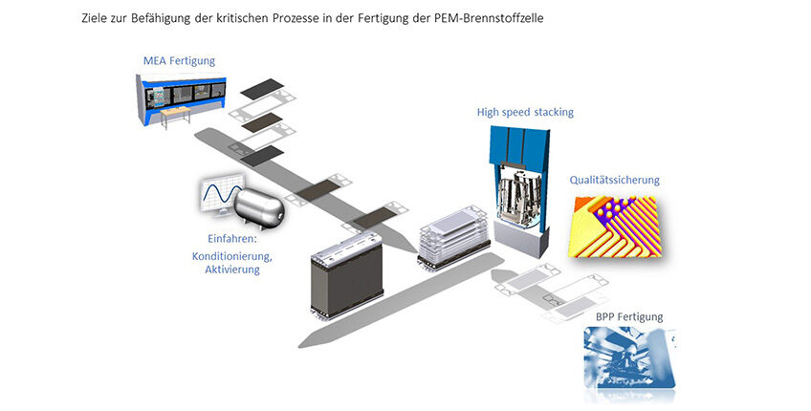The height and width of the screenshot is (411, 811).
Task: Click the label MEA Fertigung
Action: point(179,61)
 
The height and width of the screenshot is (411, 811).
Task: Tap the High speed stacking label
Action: point(525,112)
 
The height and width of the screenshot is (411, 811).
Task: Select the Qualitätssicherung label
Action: point(614,180)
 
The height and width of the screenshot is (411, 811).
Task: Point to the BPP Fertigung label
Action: point(629,317)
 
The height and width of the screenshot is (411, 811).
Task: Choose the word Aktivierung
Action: point(232,270)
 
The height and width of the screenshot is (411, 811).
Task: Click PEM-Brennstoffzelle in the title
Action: point(489,18)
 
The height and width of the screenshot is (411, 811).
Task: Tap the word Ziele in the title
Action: point(94,18)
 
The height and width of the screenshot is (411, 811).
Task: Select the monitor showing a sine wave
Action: point(221,193)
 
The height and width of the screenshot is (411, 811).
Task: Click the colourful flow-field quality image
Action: point(615,226)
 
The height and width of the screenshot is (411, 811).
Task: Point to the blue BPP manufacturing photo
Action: point(629,357)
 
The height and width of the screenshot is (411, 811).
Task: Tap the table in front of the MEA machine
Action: point(175,117)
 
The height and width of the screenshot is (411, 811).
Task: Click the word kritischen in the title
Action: point(267,18)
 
